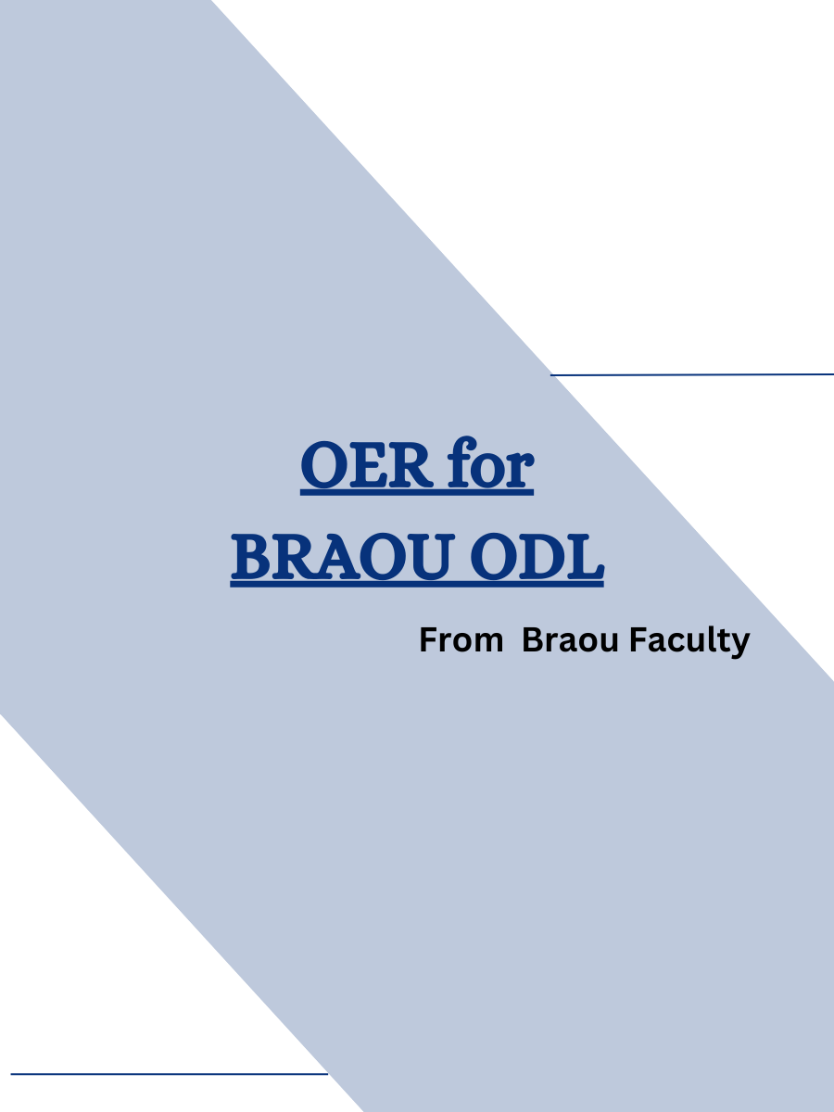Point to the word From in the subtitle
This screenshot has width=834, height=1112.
(x=461, y=640)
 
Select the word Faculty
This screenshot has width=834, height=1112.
(x=689, y=641)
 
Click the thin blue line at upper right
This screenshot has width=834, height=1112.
(x=692, y=374)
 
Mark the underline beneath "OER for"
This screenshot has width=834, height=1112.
(x=417, y=494)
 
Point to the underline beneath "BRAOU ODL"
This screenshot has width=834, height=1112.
(x=417, y=585)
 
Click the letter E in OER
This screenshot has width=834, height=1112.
(x=368, y=468)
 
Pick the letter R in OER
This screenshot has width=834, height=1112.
(x=408, y=468)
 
